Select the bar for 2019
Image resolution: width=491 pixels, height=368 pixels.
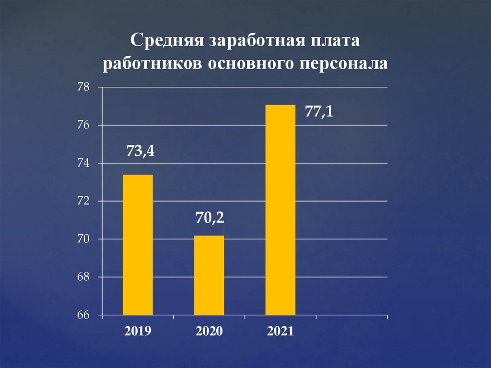point(138,245)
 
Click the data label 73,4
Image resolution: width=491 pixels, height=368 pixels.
point(140,152)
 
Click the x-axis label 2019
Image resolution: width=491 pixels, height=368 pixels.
point(138,331)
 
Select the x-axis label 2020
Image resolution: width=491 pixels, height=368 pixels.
point(209,331)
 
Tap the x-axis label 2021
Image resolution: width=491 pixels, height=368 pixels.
point(281,331)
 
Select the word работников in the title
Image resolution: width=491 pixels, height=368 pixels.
point(152,64)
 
